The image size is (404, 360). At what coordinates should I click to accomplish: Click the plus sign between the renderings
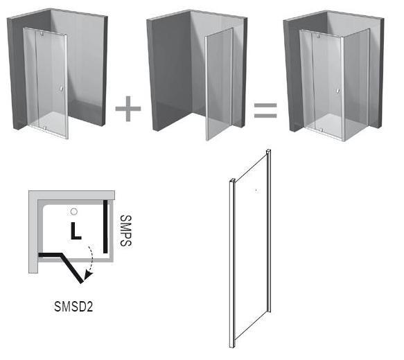point(128,108)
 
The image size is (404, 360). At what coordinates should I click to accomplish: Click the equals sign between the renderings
point(265,110)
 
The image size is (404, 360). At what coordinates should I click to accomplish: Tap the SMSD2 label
point(73,306)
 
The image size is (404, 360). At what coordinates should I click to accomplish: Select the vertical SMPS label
point(125,231)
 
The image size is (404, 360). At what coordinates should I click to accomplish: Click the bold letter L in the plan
point(76,231)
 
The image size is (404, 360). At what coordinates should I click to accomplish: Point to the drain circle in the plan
point(74,212)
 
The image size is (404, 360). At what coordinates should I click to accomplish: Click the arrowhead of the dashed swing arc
point(89,275)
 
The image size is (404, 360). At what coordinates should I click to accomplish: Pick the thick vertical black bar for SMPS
point(105,226)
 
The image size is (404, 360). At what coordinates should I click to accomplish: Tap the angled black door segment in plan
point(72,269)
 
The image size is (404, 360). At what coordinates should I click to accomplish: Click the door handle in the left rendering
point(61,89)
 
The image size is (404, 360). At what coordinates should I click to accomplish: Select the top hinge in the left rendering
point(42,34)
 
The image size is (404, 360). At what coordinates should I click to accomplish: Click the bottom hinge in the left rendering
point(44,127)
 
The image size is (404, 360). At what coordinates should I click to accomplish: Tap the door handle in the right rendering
point(337,91)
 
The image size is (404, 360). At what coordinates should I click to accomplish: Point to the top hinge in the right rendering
point(319,36)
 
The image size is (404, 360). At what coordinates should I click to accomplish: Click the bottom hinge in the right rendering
point(321,130)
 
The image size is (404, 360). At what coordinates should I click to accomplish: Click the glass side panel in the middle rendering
point(219,84)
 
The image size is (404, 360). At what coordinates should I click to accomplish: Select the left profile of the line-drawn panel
point(232,262)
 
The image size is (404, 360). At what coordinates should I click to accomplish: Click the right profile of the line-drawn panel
point(269,231)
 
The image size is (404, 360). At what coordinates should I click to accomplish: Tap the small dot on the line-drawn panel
point(256,190)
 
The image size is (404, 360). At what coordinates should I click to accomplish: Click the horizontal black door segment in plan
point(50,255)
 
